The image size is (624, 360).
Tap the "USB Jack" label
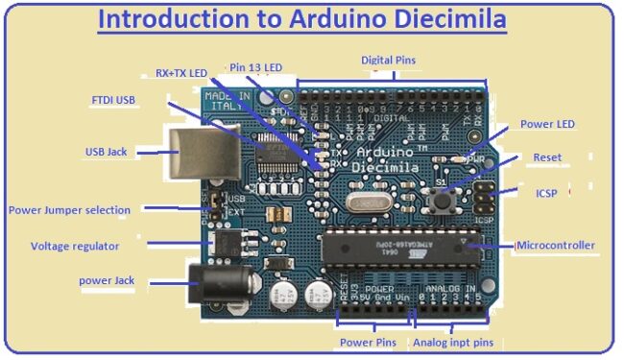tap(105, 152)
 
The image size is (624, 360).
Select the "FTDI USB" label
tap(113, 100)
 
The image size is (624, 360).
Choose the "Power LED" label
tap(547, 124)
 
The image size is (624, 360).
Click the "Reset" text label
tap(547, 157)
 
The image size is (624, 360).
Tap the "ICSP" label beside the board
tap(546, 193)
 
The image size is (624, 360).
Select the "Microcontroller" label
tap(557, 246)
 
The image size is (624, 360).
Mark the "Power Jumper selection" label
tap(68, 209)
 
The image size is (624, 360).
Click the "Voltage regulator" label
tap(75, 246)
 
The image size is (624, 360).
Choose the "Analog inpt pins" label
tap(455, 343)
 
